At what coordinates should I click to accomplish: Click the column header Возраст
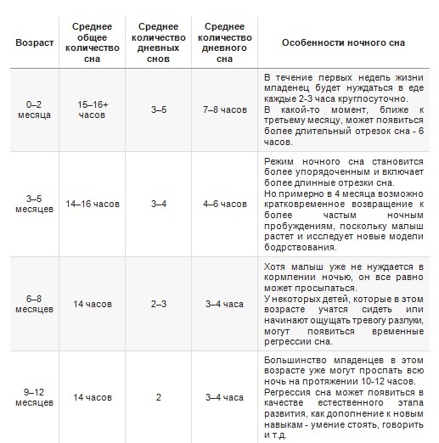pos(33,42)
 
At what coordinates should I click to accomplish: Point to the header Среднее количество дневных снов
pos(158,42)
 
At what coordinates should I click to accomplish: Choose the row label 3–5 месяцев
pos(33,204)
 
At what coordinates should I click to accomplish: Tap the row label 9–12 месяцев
pos(33,396)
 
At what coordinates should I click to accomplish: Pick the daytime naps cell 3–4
pos(158,204)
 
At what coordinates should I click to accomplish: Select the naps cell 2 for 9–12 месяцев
pos(158,396)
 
